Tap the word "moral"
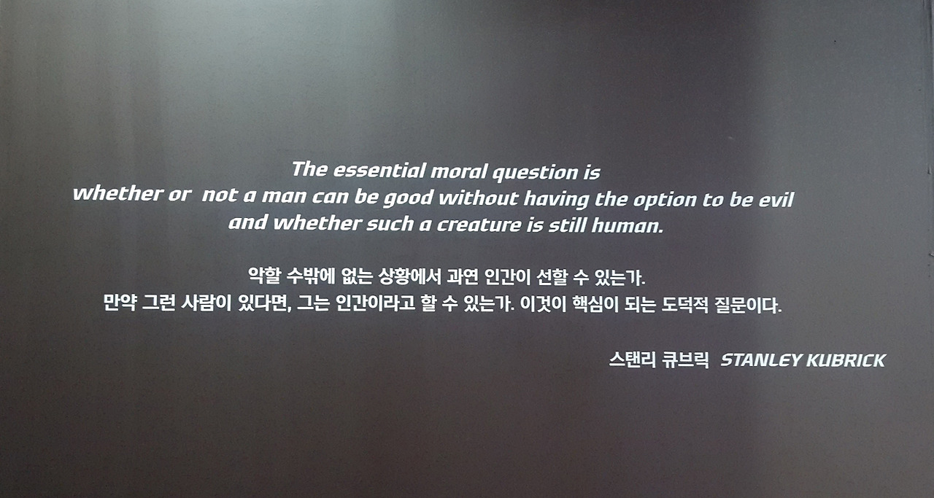[459, 171]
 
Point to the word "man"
[285, 196]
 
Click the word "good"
[408, 198]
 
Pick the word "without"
[479, 198]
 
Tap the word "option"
[665, 201]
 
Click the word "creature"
[479, 225]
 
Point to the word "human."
[628, 225]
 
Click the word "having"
[556, 199]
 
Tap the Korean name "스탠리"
[633, 360]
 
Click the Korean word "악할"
[264, 276]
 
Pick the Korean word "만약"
[120, 303]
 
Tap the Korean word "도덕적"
[684, 305]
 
